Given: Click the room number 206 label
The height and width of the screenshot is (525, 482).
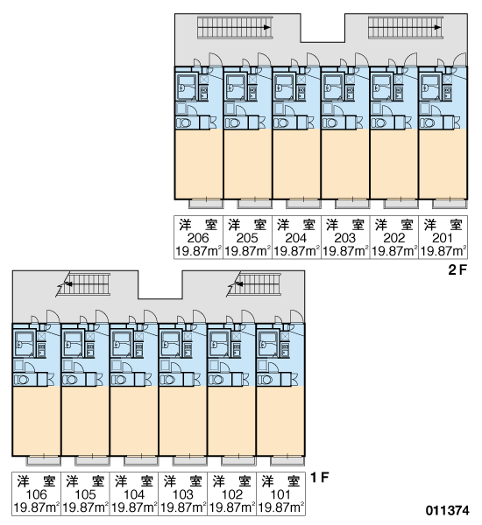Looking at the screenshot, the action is pyautogui.click(x=198, y=238).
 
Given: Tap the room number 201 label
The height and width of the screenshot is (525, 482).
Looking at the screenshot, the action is pyautogui.click(x=443, y=238).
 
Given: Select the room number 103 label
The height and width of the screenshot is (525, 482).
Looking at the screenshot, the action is pyautogui.click(x=183, y=494).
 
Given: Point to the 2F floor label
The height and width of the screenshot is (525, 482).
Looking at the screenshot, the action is pyautogui.click(x=457, y=269).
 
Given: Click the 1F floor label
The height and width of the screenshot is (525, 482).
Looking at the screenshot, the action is pyautogui.click(x=319, y=477).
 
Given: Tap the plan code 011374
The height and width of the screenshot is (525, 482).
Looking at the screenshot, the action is pyautogui.click(x=448, y=511).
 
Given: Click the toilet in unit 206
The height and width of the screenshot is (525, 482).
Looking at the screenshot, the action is pyautogui.click(x=184, y=122).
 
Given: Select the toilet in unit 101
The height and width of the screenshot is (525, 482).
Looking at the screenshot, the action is pyautogui.click(x=265, y=380).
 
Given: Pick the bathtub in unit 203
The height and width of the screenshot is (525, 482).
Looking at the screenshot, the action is pyautogui.click(x=332, y=87).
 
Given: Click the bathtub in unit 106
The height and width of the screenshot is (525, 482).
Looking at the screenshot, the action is pyautogui.click(x=25, y=344).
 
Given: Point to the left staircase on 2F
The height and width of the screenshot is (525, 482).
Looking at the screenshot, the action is pyautogui.click(x=235, y=27).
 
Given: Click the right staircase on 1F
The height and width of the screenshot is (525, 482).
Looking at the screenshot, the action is pyautogui.click(x=259, y=284).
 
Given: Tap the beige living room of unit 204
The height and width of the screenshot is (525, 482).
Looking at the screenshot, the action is pyautogui.click(x=296, y=164).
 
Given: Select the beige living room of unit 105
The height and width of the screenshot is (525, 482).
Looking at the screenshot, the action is pyautogui.click(x=85, y=421).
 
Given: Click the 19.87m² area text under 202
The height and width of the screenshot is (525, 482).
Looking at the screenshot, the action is pyautogui.click(x=394, y=251).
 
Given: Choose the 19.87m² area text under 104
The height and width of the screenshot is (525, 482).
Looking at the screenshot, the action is pyautogui.click(x=134, y=507).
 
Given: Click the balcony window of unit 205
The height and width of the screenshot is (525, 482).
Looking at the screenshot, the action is pyautogui.click(x=254, y=203).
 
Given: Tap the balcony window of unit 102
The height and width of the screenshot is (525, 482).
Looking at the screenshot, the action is pyautogui.click(x=238, y=460).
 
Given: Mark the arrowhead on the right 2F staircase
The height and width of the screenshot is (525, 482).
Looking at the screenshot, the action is pyautogui.click(x=437, y=27).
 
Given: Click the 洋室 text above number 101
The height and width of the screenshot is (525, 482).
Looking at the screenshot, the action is pyautogui.click(x=280, y=481).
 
